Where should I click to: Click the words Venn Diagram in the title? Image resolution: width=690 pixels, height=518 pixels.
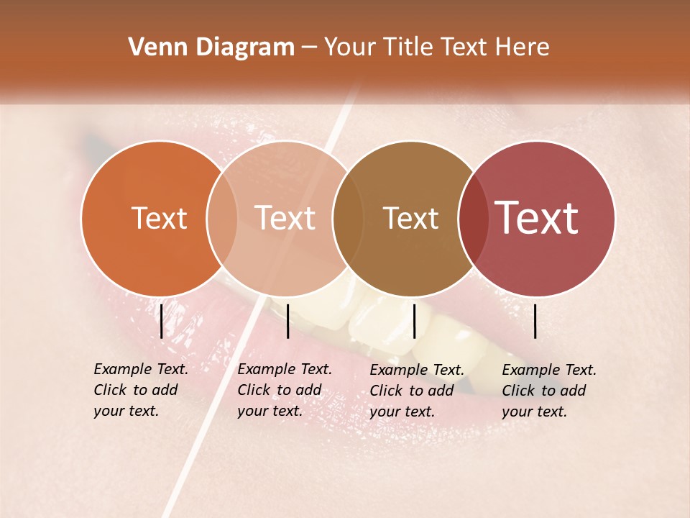pos(211,47)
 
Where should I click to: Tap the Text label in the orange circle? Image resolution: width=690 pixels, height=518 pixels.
pos(159,218)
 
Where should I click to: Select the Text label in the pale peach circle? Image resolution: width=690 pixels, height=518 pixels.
pos(285,218)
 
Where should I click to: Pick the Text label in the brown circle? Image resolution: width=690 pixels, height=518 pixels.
pos(410,218)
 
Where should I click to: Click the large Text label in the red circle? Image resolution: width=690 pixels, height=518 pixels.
pos(536,218)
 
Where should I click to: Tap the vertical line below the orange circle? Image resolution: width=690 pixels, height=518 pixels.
pos(161,321)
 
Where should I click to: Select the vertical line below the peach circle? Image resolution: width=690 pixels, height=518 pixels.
pos(287,321)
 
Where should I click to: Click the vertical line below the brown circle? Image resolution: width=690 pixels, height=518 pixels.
pos(414,321)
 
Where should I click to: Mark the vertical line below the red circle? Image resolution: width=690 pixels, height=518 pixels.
pos(535,321)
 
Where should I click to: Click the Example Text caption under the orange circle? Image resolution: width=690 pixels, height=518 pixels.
pos(140,370)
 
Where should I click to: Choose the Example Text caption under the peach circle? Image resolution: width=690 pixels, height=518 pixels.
pos(284,370)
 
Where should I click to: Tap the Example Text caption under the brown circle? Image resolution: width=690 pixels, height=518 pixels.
pos(417,371)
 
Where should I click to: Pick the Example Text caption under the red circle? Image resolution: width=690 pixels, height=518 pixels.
pos(549,371)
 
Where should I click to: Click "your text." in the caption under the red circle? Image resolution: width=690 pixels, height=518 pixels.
pos(534,412)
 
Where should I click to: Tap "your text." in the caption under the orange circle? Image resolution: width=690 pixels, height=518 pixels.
pos(126,412)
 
